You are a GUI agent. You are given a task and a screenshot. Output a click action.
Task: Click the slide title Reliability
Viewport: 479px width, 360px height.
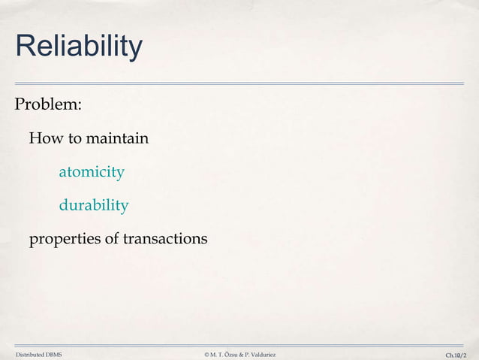click(x=78, y=47)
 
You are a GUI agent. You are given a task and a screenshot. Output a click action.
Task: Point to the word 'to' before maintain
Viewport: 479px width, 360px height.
click(x=74, y=139)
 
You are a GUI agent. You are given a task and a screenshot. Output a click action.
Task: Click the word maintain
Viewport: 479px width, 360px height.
click(x=117, y=139)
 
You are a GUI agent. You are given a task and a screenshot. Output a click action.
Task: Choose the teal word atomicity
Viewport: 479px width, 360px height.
click(x=92, y=172)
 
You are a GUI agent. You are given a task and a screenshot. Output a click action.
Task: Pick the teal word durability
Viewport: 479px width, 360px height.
click(x=94, y=205)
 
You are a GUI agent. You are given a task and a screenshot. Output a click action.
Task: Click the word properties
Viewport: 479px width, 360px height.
click(x=63, y=239)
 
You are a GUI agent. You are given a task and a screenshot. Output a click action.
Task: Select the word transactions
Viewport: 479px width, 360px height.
click(x=164, y=239)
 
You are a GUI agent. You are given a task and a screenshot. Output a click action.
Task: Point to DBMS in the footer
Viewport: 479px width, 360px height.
click(x=54, y=353)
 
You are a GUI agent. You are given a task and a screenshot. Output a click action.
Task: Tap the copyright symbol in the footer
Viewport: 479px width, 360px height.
click(x=206, y=353)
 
